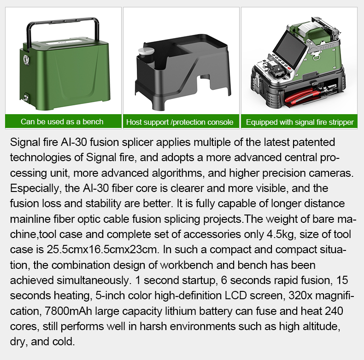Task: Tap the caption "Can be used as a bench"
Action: [x=62, y=122]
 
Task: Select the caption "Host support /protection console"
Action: [x=180, y=122]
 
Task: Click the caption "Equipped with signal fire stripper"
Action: [x=299, y=122]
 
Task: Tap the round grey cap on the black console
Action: [x=146, y=51]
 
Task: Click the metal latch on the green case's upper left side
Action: [x=26, y=59]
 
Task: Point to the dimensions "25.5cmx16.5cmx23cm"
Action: [x=102, y=250]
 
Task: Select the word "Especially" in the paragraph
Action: [x=35, y=189]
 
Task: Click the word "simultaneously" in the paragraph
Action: [x=93, y=280]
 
